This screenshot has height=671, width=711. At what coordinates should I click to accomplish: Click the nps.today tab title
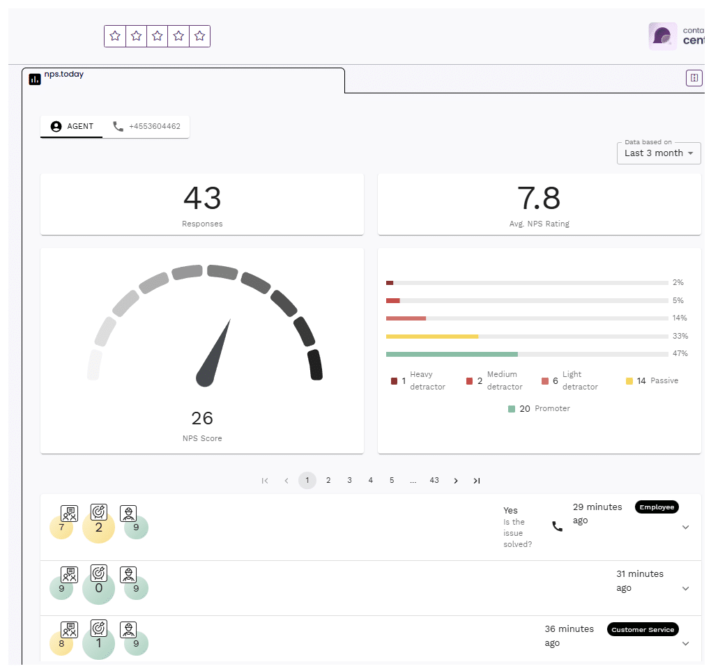pos(63,75)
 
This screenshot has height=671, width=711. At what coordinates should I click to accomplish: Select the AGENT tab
pos(72,127)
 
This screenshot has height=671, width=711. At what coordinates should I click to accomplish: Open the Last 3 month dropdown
pos(658,153)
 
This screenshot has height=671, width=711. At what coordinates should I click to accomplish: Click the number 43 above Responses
pos(202,199)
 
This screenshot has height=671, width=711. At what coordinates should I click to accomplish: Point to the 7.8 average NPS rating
pos(539,199)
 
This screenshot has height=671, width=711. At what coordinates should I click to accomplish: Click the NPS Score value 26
pos(202,418)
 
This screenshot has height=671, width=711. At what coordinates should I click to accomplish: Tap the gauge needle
pos(214,352)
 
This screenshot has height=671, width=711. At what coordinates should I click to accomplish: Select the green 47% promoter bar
pos(452,354)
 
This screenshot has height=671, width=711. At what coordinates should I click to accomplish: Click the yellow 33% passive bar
pos(432,336)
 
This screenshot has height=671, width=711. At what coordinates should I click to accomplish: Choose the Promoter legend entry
pos(540,408)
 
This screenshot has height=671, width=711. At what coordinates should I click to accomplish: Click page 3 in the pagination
pos(349,480)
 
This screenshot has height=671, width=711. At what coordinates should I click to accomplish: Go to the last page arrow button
pos(477,480)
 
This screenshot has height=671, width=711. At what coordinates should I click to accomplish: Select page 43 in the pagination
pos(434,480)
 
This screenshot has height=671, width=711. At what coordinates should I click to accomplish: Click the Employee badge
pos(657,507)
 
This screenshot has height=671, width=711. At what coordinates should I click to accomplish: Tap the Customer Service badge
pos(643,629)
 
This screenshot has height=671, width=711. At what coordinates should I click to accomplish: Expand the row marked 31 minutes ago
pos(685,589)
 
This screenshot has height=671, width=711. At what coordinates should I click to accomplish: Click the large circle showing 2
pos(98,527)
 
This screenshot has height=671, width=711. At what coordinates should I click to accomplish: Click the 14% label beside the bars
pos(680,318)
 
